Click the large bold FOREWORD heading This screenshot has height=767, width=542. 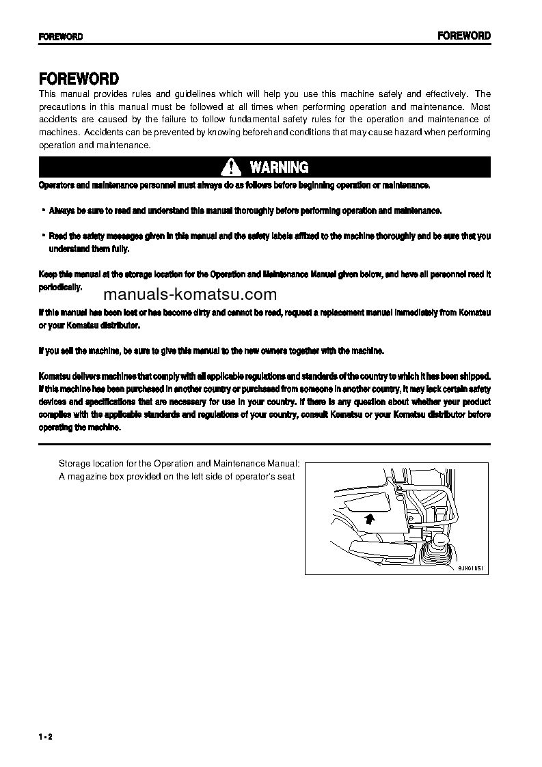tap(79, 79)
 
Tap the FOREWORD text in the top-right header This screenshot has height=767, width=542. tap(464, 36)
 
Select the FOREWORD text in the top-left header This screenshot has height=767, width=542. tap(61, 37)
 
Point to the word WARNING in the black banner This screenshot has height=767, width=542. tap(279, 167)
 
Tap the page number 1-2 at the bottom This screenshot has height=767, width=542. tap(46, 736)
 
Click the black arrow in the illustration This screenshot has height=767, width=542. tap(368, 519)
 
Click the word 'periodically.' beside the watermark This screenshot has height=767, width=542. tap(60, 288)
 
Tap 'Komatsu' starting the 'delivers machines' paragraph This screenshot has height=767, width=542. tap(55, 376)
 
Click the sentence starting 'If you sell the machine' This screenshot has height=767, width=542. tap(211, 351)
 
